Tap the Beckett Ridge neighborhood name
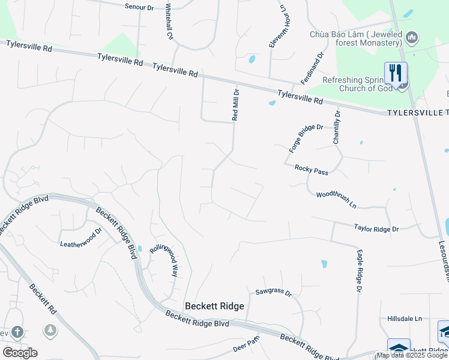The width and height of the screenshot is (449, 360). tap(214, 306)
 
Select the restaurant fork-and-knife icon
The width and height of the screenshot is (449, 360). tap(396, 73)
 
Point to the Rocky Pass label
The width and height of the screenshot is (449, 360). tap(312, 170)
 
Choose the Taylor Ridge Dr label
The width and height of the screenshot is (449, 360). tap(376, 229)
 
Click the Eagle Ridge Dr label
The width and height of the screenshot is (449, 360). tap(359, 271)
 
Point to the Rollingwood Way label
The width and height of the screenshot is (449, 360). tap(164, 260)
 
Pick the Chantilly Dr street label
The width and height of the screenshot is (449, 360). tap(337, 127)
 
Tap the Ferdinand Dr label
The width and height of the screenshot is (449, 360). tap(313, 67)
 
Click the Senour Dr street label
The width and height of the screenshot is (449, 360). tap(139, 7)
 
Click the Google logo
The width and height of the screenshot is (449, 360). tap(20, 353)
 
